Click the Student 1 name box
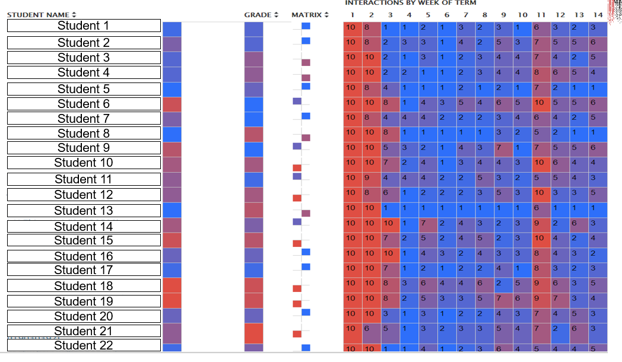tap(84, 26)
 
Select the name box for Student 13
tap(84, 211)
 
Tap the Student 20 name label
tap(84, 316)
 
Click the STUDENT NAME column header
tap(38, 14)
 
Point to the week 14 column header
tap(598, 15)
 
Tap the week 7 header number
tap(465, 15)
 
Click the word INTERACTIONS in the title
tap(369, 3)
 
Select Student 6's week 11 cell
tap(541, 103)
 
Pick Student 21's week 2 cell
tap(371, 328)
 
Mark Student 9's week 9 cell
tap(503, 147)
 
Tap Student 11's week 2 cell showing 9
tap(371, 177)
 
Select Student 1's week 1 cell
tap(352, 27)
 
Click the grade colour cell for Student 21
tap(253, 332)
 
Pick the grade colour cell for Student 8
tap(253, 134)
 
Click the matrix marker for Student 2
tap(306, 41)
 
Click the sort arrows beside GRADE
tap(276, 15)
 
